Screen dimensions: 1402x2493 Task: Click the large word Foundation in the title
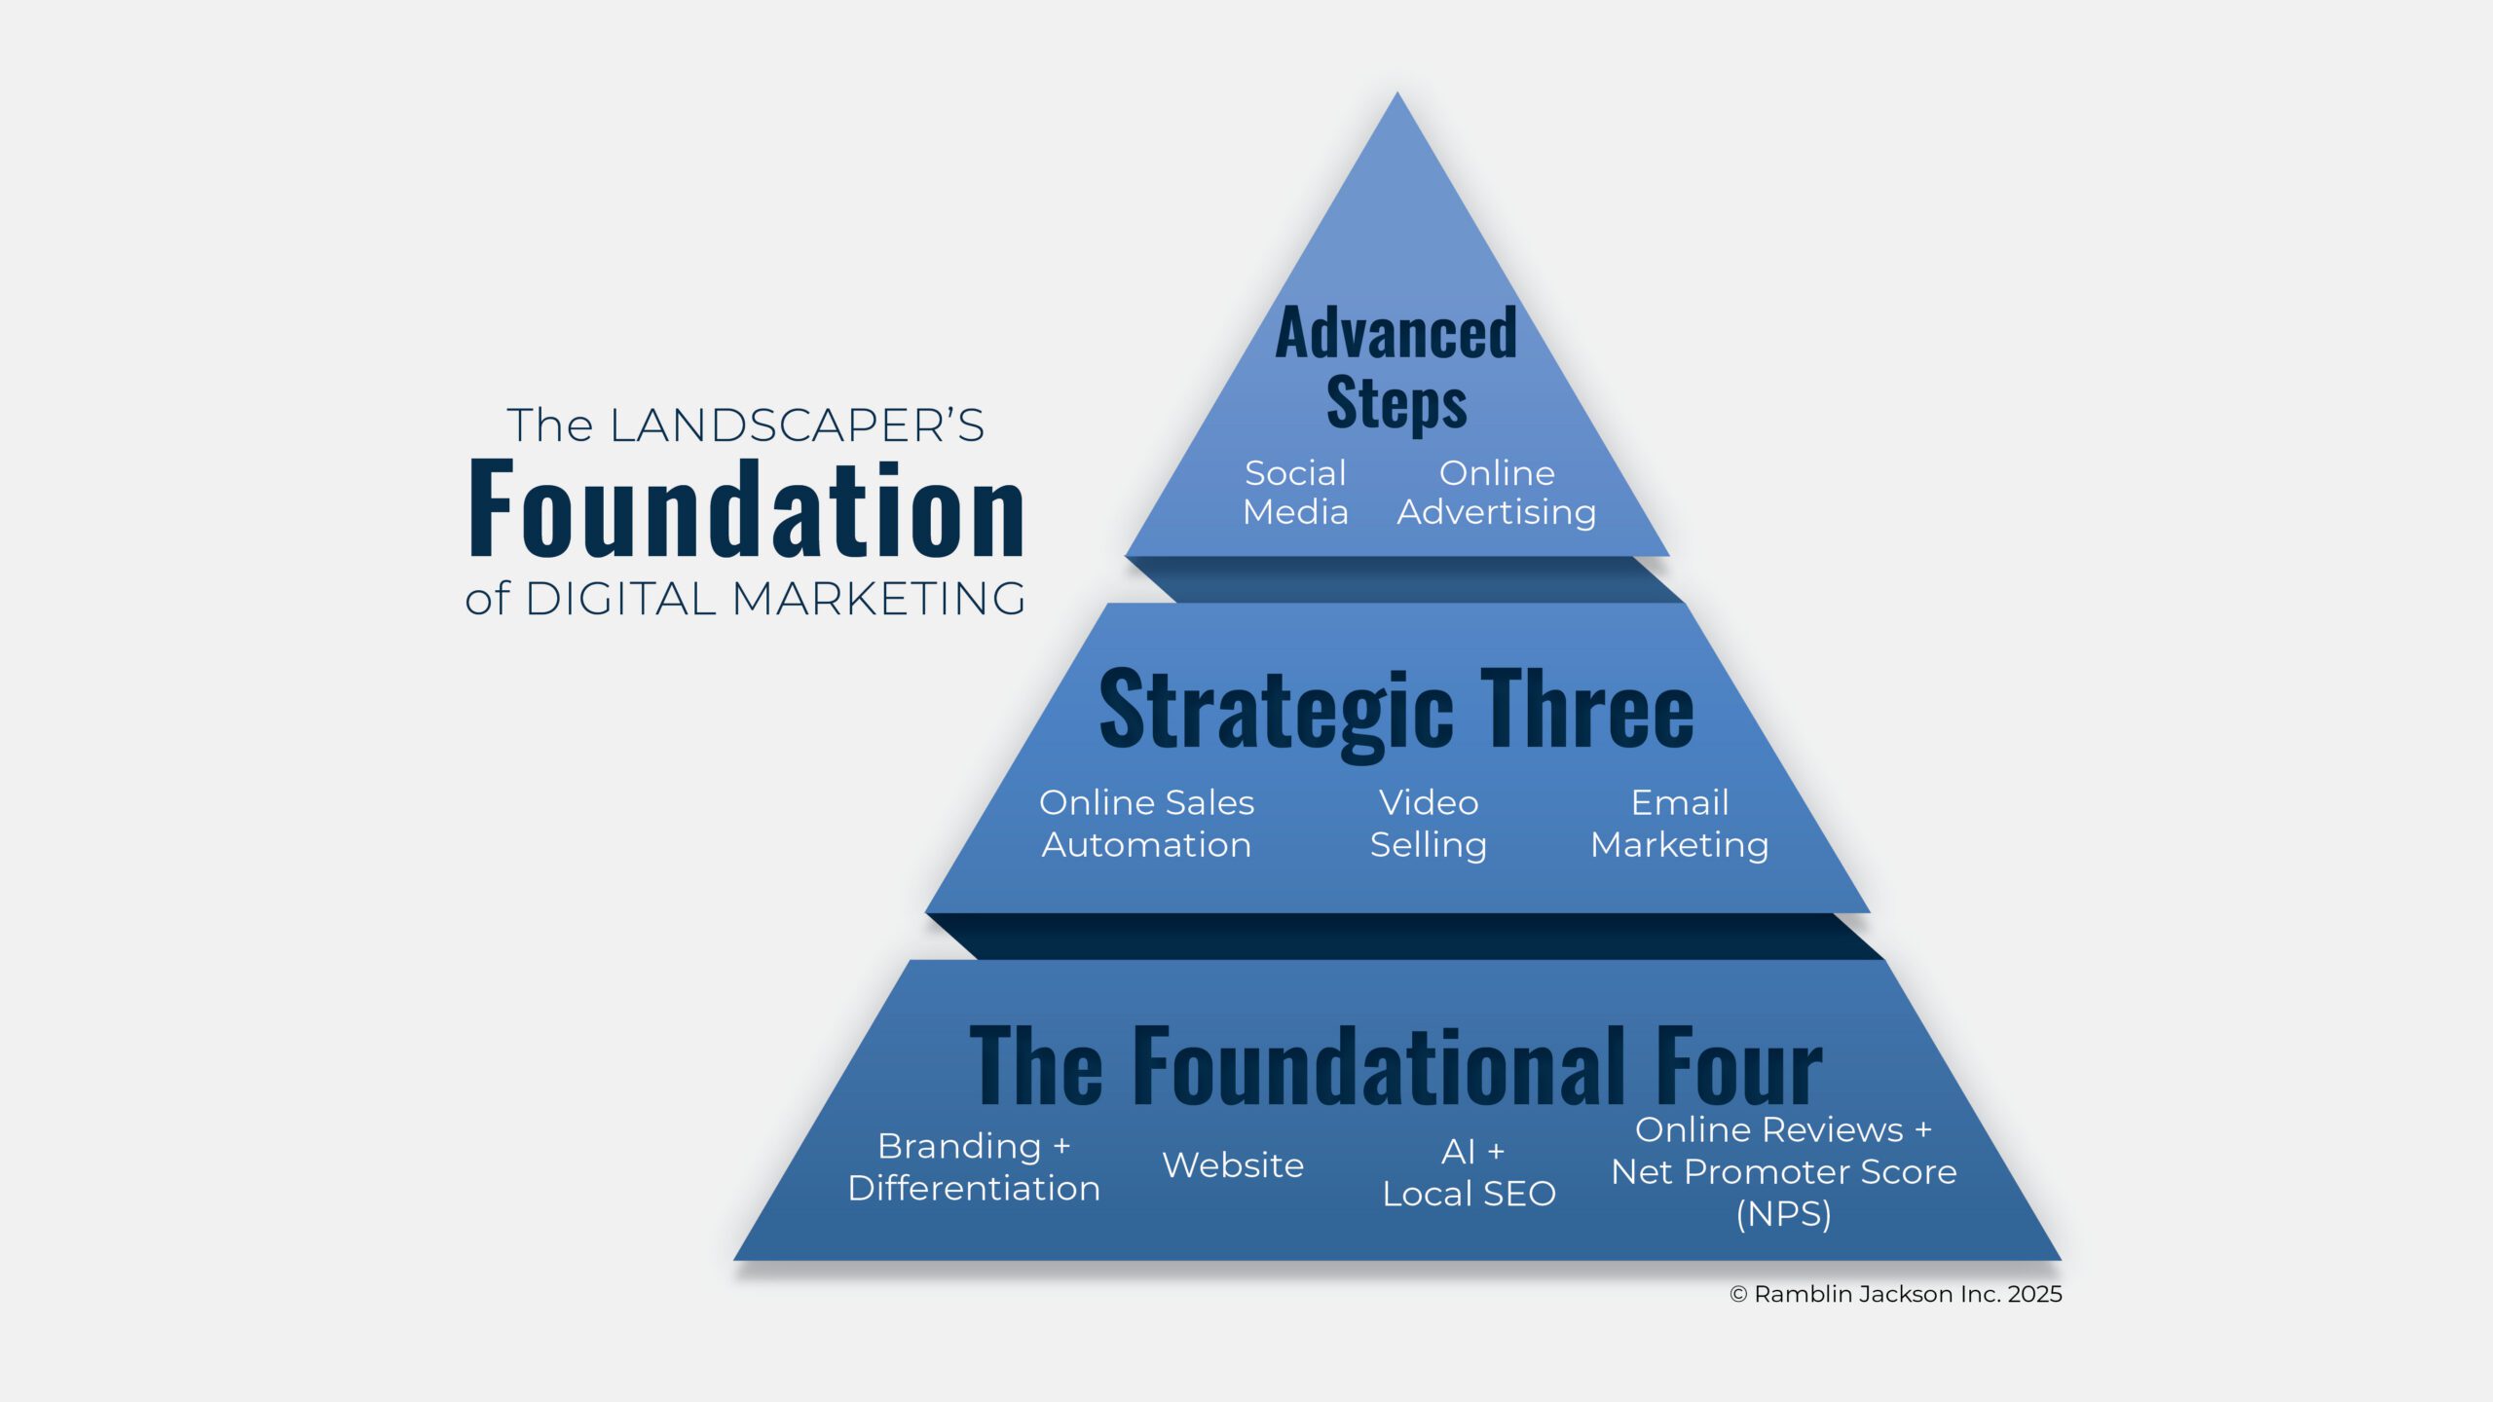(x=747, y=509)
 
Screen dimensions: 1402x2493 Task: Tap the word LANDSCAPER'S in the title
(x=797, y=425)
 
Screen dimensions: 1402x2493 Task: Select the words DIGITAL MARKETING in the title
(x=775, y=599)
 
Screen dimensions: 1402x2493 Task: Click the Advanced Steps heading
(x=1396, y=367)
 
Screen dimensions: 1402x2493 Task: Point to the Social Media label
(x=1295, y=493)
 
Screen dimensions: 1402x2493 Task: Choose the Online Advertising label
(x=1497, y=493)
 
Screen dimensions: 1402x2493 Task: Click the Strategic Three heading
(x=1396, y=710)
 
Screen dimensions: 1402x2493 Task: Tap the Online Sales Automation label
(x=1146, y=824)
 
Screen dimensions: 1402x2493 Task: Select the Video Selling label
(x=1429, y=824)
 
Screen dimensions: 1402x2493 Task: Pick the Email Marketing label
(x=1680, y=824)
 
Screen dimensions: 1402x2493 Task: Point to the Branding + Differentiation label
(x=974, y=1167)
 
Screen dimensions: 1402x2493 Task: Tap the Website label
(x=1233, y=1165)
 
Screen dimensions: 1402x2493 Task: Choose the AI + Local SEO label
(x=1470, y=1172)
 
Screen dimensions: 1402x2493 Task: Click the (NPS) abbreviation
(x=1784, y=1214)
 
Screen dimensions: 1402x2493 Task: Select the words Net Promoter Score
(x=1784, y=1172)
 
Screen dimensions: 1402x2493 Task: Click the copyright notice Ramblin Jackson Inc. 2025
(x=1896, y=1294)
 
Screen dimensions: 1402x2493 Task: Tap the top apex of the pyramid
(x=1397, y=97)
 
